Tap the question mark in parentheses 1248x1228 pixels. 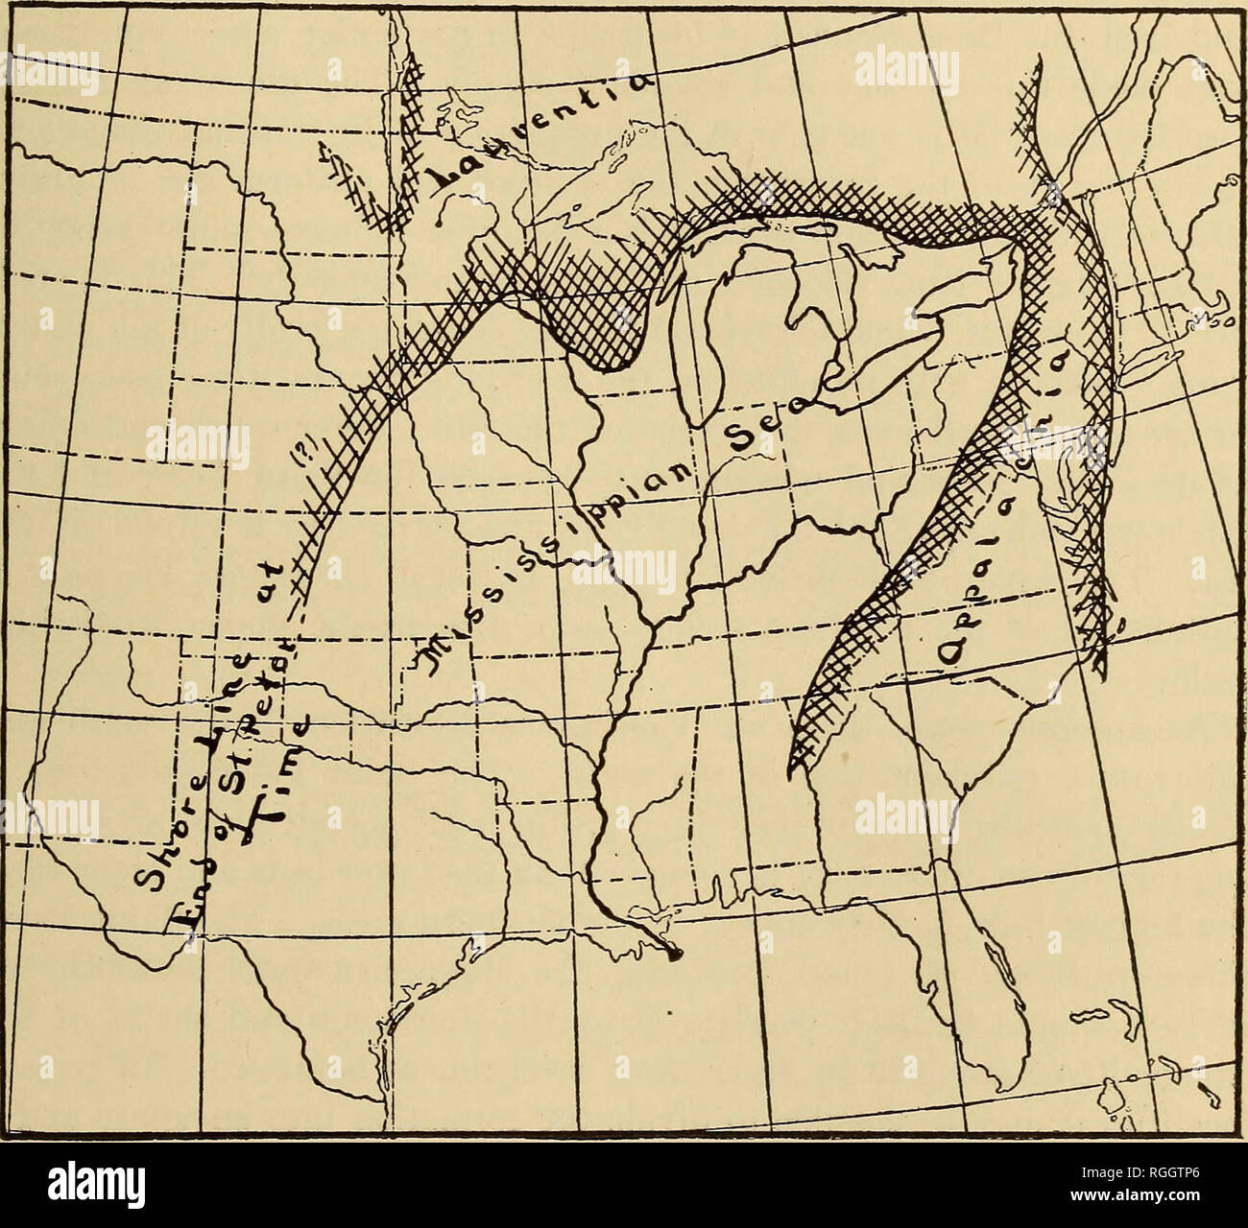pyautogui.click(x=313, y=451)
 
